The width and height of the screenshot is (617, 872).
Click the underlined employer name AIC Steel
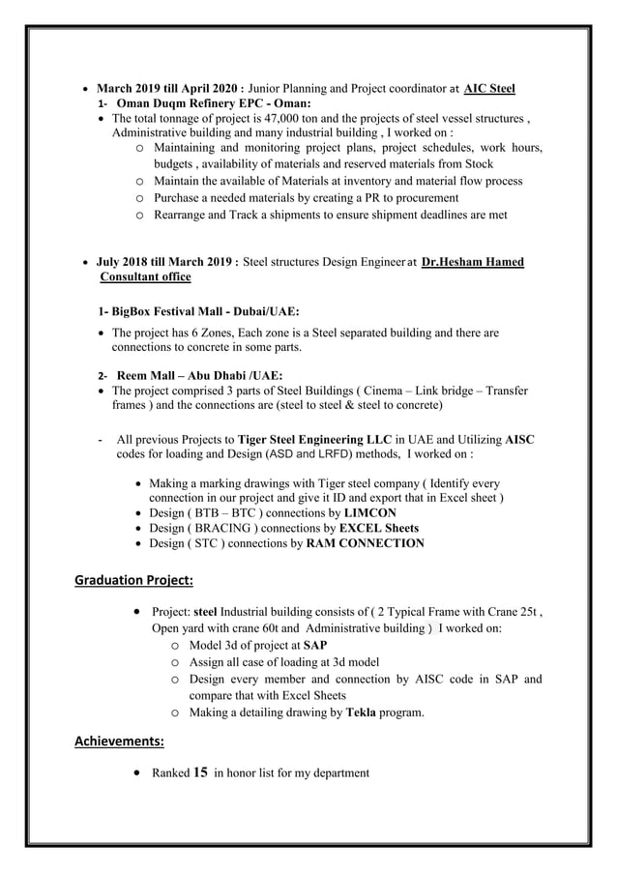coord(489,89)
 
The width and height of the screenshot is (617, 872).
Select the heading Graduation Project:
coord(134,580)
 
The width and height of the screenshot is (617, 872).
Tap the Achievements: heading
coord(119,741)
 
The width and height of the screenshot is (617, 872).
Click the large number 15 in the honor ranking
coord(201,772)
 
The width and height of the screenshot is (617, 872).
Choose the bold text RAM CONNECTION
coord(365,543)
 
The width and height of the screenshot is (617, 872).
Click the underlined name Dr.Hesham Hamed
coord(473,262)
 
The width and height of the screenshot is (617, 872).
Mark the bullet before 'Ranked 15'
coord(143,772)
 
